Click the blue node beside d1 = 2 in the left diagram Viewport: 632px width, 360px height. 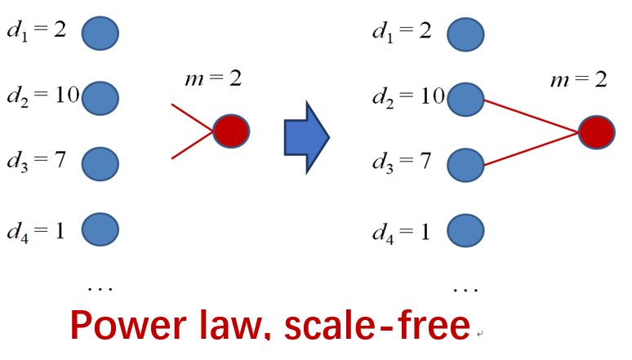coord(100,33)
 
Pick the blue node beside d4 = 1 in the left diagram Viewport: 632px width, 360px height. coord(100,229)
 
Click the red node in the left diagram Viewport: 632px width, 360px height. coord(231,131)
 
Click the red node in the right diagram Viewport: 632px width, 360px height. coord(597,131)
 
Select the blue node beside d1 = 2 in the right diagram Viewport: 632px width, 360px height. coord(466,33)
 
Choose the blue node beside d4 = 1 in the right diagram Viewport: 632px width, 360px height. coord(466,229)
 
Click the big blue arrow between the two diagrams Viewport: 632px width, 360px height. coord(306,136)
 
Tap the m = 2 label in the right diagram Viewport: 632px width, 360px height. coord(579,79)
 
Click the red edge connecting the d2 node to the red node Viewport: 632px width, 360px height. coord(531,114)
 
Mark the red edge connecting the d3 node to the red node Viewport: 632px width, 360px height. coord(531,148)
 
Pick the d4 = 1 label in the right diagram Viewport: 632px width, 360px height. coord(401,231)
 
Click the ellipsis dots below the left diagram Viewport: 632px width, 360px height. coord(100,287)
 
